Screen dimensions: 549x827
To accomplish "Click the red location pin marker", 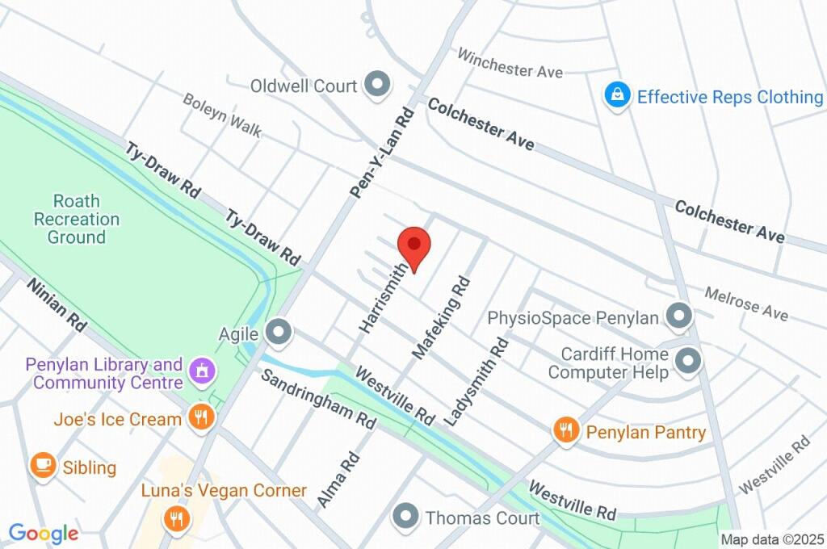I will click(x=413, y=246).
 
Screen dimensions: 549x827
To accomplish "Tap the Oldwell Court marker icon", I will click(x=376, y=84).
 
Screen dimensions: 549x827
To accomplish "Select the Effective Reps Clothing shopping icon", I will click(x=618, y=97).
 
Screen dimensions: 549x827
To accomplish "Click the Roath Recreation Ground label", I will click(x=76, y=219).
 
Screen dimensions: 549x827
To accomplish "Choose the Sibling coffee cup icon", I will click(x=43, y=466).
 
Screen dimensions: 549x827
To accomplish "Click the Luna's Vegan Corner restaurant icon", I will click(x=174, y=518).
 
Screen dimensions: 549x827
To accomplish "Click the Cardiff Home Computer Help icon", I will click(x=688, y=362).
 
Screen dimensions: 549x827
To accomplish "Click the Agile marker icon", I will click(x=279, y=332).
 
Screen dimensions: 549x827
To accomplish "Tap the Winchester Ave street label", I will click(x=510, y=63).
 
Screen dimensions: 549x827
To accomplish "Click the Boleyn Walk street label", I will click(x=221, y=115).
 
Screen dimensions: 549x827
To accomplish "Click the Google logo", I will click(x=44, y=533).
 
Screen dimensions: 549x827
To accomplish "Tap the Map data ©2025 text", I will click(x=772, y=539).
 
